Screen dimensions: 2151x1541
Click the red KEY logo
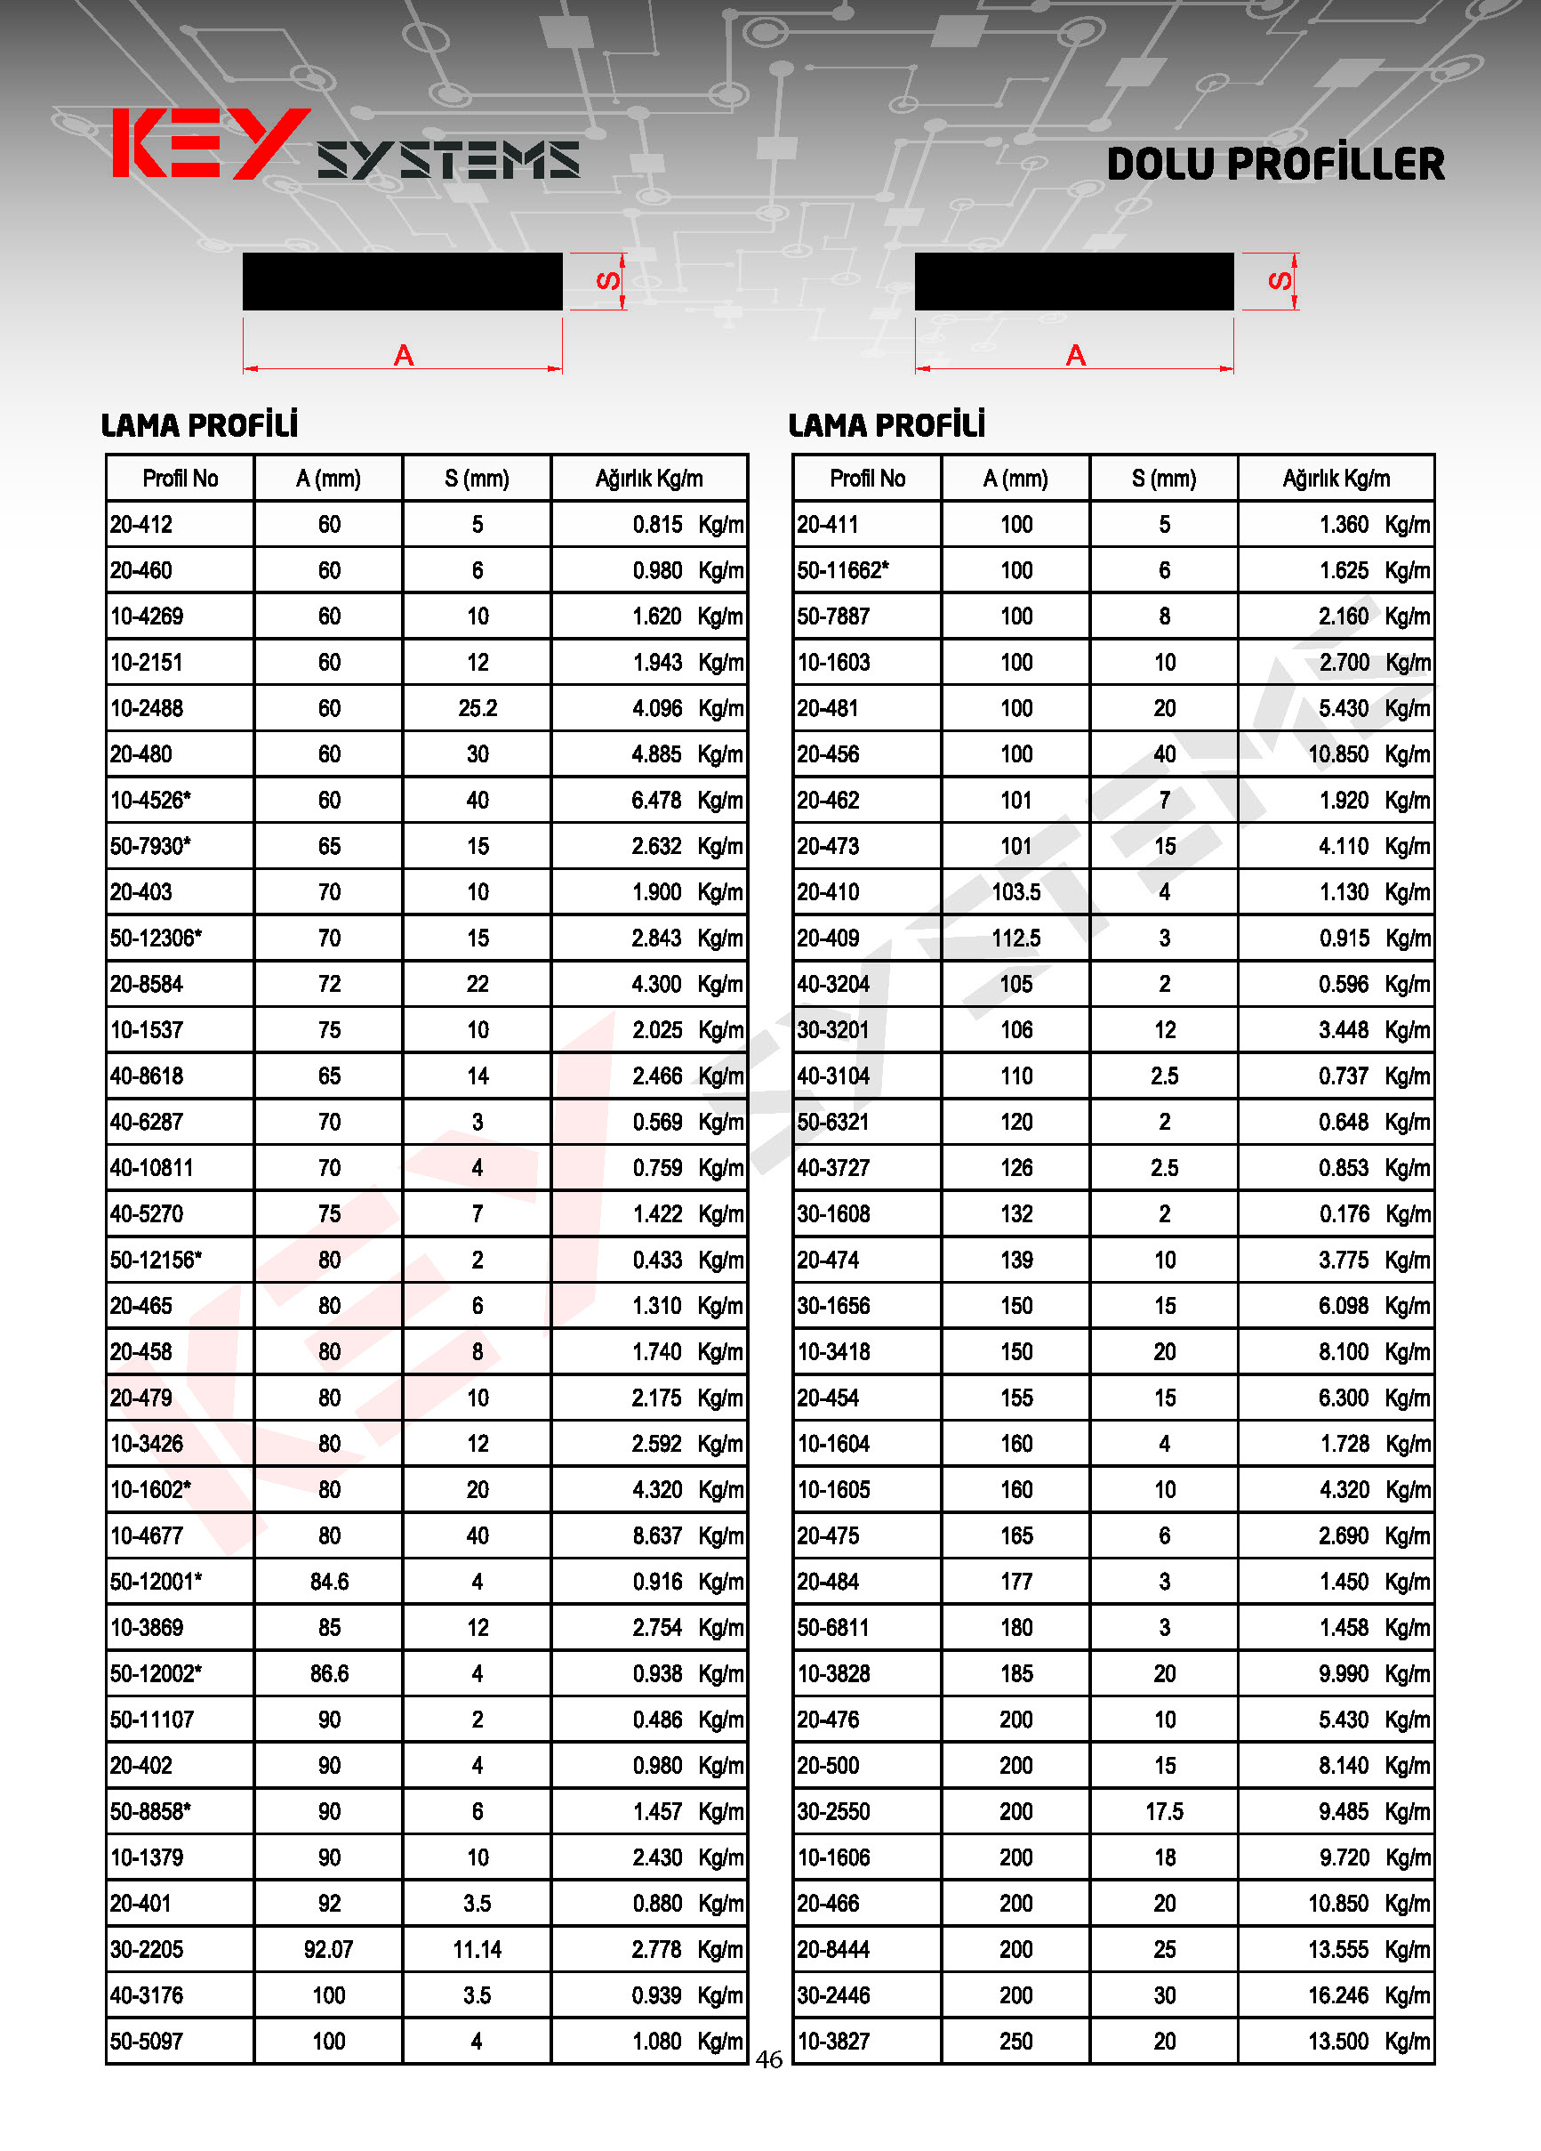[211, 144]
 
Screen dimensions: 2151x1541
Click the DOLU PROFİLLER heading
[1275, 164]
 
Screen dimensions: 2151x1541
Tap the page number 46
[769, 2059]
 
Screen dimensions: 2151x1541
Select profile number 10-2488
[147, 708]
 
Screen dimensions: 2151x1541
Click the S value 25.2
[477, 708]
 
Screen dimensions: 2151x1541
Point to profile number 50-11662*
[843, 571]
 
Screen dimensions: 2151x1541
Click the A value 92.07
[328, 1949]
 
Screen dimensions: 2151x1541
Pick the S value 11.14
[477, 1949]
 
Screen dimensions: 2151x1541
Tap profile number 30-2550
[833, 1811]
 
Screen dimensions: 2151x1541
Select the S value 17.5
[1164, 1811]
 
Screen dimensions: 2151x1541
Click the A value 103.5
[1015, 892]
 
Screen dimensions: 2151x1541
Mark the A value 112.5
[1015, 938]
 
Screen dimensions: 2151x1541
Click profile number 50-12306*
[156, 938]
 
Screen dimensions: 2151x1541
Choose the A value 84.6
[329, 1581]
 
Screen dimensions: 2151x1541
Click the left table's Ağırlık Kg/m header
[650, 478]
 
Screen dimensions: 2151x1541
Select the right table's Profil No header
[867, 478]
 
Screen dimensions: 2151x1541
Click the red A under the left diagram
[404, 356]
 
